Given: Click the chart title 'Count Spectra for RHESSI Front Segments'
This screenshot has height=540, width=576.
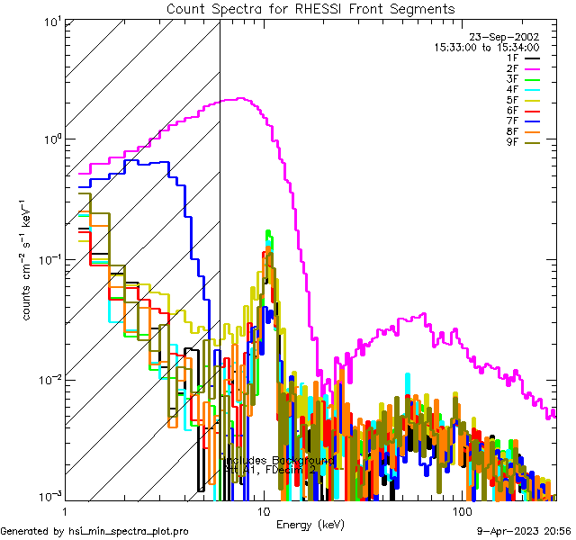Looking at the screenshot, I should tap(310, 9).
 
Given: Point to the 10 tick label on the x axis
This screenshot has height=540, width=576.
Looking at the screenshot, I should tap(263, 510).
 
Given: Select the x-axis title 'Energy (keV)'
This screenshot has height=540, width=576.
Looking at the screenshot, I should tap(310, 525).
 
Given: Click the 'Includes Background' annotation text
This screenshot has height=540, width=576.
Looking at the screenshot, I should tap(279, 460).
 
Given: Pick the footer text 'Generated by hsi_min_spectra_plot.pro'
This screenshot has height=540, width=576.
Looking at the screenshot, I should tap(95, 532).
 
